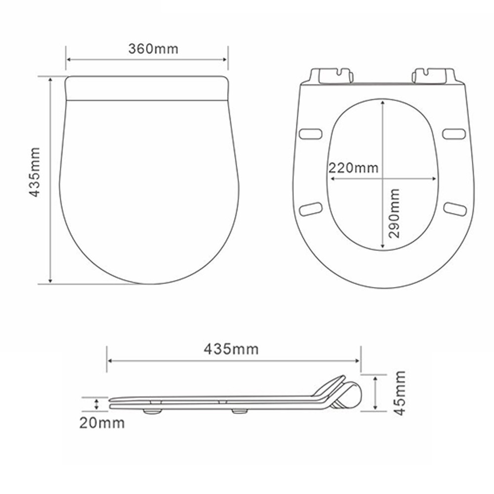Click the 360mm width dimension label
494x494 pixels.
(153, 49)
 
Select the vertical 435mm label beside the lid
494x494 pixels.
(34, 171)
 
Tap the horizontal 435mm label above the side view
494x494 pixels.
(231, 349)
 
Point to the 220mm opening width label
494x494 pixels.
(354, 167)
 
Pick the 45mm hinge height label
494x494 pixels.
(400, 392)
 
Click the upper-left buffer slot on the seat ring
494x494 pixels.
(311, 133)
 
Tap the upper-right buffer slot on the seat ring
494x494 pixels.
(453, 133)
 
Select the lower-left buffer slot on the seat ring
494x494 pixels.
(311, 208)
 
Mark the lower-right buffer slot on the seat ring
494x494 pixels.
(454, 208)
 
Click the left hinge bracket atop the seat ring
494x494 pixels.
(331, 75)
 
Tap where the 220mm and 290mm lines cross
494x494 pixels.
(383, 178)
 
